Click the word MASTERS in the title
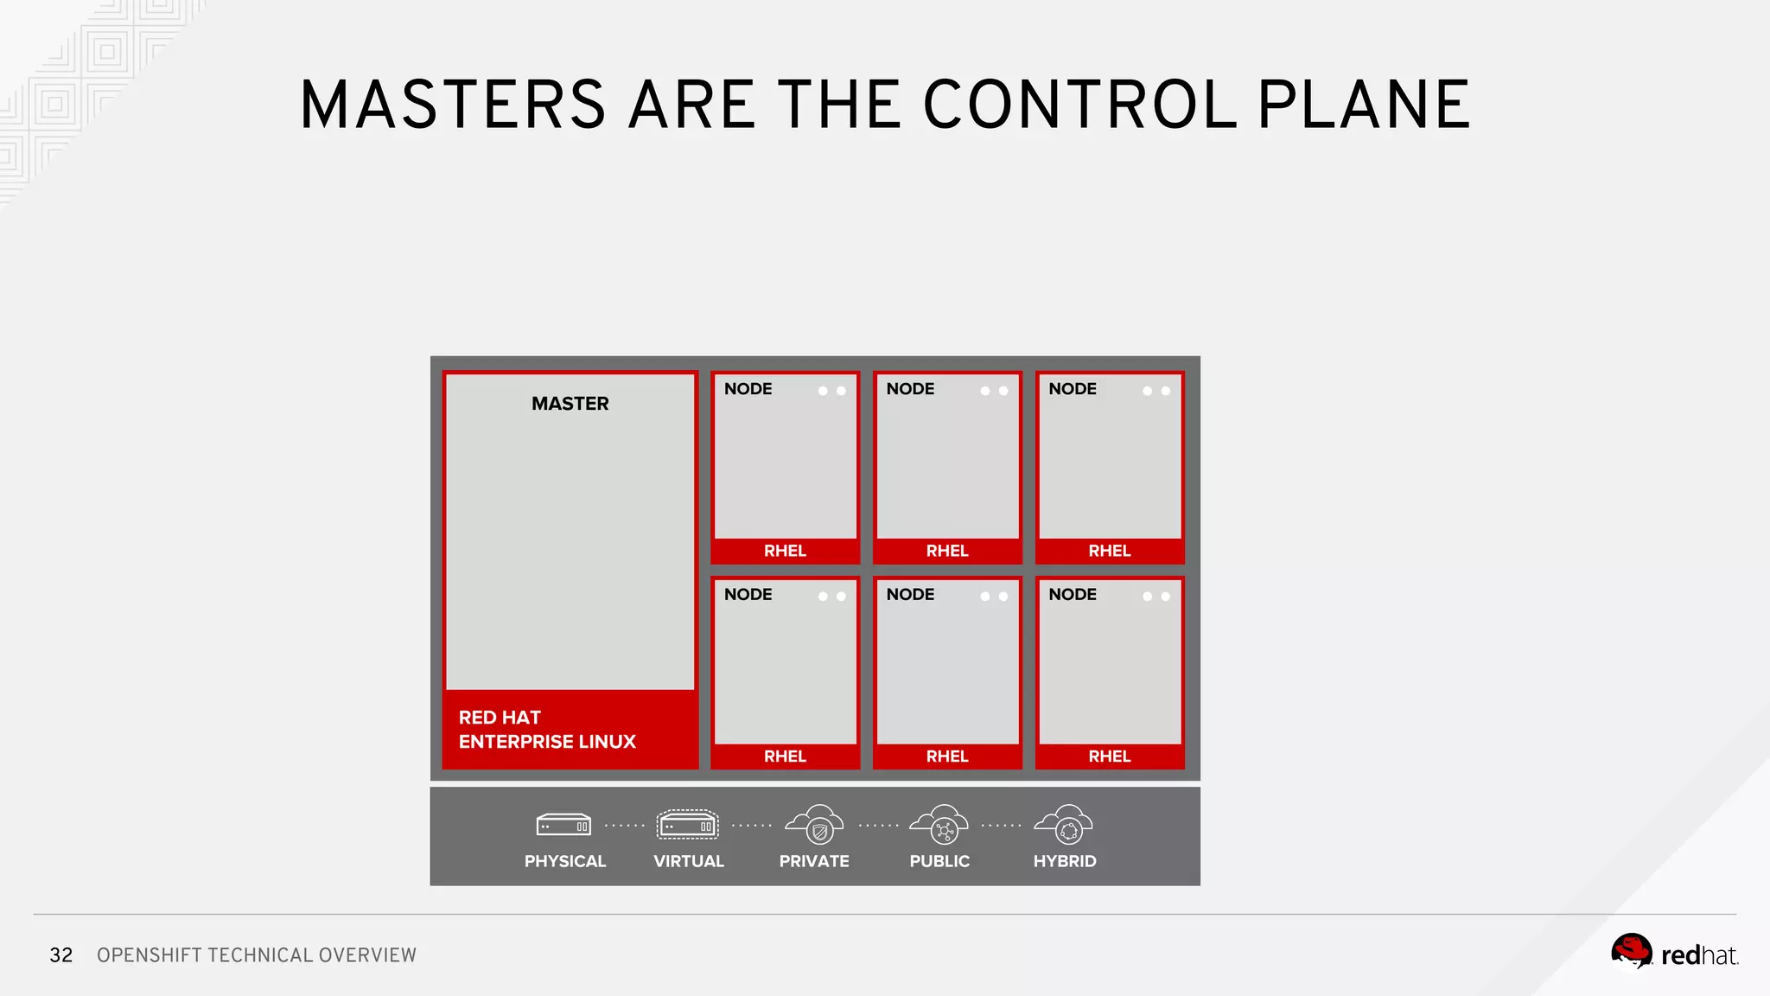pyautogui.click(x=453, y=105)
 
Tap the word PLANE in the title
pyautogui.click(x=1363, y=105)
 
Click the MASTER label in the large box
pyautogui.click(x=570, y=404)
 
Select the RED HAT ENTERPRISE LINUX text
pyautogui.click(x=546, y=730)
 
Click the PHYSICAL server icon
pyautogui.click(x=563, y=826)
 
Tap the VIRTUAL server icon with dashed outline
pyautogui.click(x=687, y=825)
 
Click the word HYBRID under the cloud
pyautogui.click(x=1065, y=861)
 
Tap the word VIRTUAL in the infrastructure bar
pyautogui.click(x=688, y=861)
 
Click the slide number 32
pyautogui.click(x=61, y=955)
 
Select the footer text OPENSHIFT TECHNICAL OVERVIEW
pyautogui.click(x=257, y=955)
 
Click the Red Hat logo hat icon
pyautogui.click(x=1631, y=952)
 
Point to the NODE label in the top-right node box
pyautogui.click(x=1073, y=389)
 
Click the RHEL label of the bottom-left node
pyautogui.click(x=785, y=757)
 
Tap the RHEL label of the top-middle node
pyautogui.click(x=947, y=551)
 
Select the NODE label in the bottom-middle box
pyautogui.click(x=910, y=595)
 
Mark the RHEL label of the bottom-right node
pyautogui.click(x=1110, y=757)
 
